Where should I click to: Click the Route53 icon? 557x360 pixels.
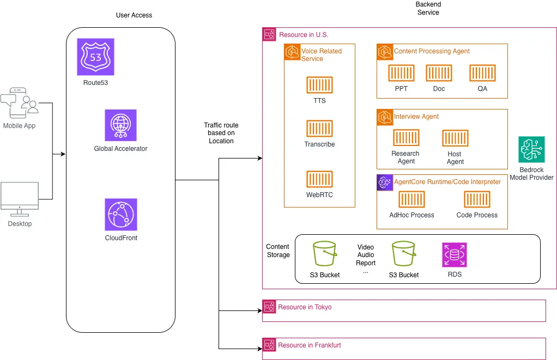[96, 57]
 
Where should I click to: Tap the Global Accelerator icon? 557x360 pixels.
[121, 125]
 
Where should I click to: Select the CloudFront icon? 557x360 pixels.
[121, 215]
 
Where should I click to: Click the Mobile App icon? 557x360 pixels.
[20, 103]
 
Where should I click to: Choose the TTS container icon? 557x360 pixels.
[319, 85]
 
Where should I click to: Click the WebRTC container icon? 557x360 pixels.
[319, 179]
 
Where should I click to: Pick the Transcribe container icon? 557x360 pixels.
[319, 129]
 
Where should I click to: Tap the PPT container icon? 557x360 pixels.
[401, 73]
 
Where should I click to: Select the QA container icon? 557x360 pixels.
[482, 73]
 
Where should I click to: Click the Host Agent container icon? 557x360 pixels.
[455, 138]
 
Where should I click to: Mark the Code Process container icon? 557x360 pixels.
[477, 199]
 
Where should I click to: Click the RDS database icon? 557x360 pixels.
[455, 255]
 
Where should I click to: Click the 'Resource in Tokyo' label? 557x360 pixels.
[305, 307]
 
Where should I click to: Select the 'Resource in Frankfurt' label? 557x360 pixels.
[310, 345]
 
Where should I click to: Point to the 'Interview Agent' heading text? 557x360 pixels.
[416, 117]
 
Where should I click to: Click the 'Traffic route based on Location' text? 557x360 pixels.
[221, 133]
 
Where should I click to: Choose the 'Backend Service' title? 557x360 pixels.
[428, 8]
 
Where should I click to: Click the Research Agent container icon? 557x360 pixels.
[406, 138]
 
